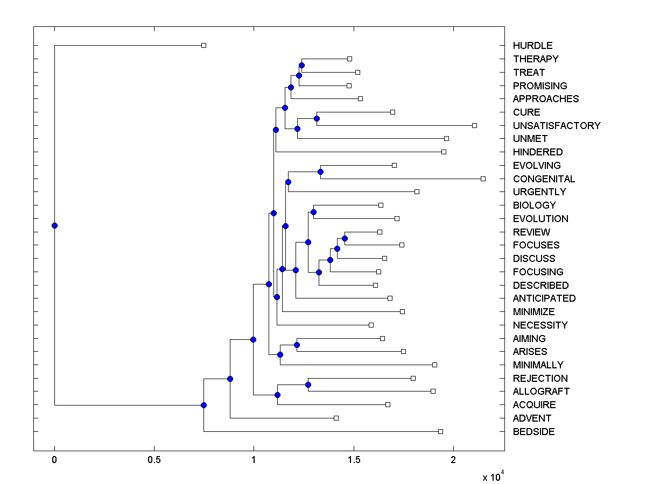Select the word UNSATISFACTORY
click(x=557, y=125)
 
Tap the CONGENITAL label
click(x=544, y=179)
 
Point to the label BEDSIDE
click(x=533, y=432)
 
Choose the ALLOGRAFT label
click(x=541, y=392)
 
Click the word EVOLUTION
click(x=540, y=219)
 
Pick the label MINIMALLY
click(x=538, y=365)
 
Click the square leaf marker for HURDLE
click(x=203, y=46)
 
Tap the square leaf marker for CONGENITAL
click(x=483, y=179)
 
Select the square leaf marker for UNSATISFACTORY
click(x=474, y=125)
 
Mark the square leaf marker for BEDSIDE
click(x=440, y=431)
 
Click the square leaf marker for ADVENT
click(x=336, y=418)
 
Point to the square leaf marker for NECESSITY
click(x=371, y=325)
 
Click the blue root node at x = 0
click(x=54, y=225)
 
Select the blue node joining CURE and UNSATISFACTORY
click(x=317, y=118)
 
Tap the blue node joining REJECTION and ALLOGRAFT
click(x=308, y=385)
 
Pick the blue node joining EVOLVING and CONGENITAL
click(x=320, y=172)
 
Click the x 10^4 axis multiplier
click(x=493, y=476)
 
